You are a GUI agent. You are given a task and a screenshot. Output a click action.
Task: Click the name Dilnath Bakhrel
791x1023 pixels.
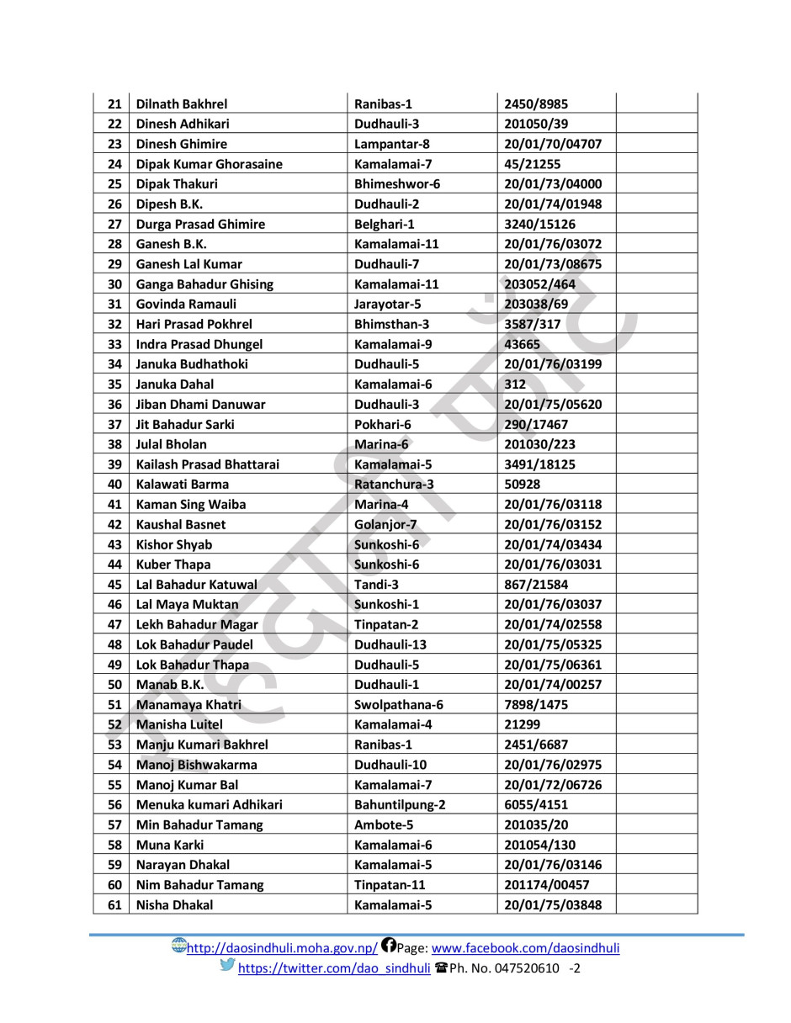[182, 104]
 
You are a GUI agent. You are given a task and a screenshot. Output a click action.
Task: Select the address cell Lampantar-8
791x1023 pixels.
[392, 144]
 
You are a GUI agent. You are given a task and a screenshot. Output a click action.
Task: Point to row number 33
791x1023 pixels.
[115, 344]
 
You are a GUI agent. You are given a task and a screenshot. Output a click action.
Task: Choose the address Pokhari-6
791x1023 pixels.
[382, 424]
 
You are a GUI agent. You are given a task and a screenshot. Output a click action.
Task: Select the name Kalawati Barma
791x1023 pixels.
[183, 485]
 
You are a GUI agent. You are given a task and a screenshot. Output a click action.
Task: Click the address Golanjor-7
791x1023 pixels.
[385, 524]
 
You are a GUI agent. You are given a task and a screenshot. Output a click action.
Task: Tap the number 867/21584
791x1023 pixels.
[536, 585]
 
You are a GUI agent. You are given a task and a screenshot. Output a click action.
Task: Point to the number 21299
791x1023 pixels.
[522, 724]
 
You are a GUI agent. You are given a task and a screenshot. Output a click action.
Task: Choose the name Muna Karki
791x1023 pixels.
[170, 845]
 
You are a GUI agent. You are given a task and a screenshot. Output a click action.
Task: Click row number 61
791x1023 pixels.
[115, 905]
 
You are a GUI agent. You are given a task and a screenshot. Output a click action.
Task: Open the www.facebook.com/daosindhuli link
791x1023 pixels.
[526, 948]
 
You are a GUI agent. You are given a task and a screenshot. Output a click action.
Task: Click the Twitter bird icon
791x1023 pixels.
[227, 966]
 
